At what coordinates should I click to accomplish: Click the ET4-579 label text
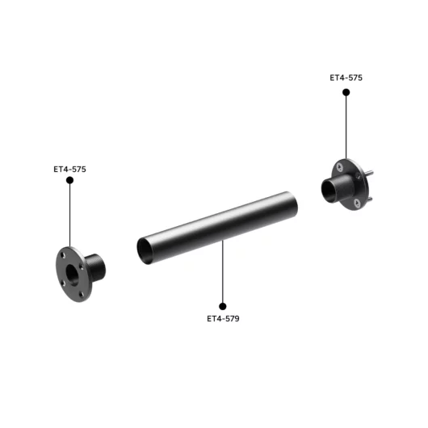[223, 318]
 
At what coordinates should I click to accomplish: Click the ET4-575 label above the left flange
[69, 170]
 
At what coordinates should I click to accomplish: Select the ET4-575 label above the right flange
[346, 78]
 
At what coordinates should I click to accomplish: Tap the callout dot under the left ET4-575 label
[70, 180]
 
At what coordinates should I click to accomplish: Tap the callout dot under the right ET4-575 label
[346, 92]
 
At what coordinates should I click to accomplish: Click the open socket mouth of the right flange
[332, 191]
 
